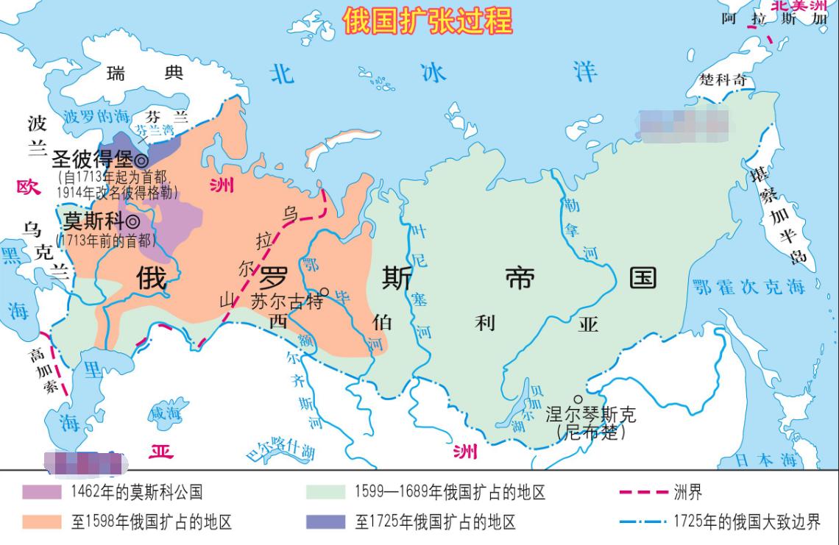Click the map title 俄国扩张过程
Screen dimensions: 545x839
428,21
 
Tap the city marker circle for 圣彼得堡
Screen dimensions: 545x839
141,160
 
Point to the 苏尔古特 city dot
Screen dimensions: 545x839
323,291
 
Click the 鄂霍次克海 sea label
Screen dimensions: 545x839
748,287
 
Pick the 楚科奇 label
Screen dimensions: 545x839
723,79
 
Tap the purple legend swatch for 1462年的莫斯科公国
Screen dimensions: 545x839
42,492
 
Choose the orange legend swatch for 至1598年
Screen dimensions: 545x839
42,521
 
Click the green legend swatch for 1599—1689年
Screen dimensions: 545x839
325,492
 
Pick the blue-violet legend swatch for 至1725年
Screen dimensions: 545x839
325,521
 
